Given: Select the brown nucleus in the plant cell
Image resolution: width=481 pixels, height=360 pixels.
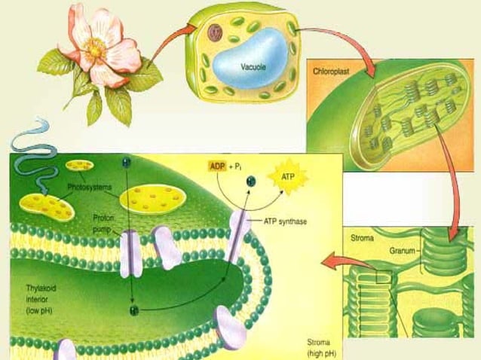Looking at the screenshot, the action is click(216, 32).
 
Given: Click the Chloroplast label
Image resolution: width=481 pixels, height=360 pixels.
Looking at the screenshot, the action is click(332, 72).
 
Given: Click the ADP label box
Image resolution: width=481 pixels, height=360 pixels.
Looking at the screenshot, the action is click(218, 165).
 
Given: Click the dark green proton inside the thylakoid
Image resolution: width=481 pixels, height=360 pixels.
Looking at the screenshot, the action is click(133, 308).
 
